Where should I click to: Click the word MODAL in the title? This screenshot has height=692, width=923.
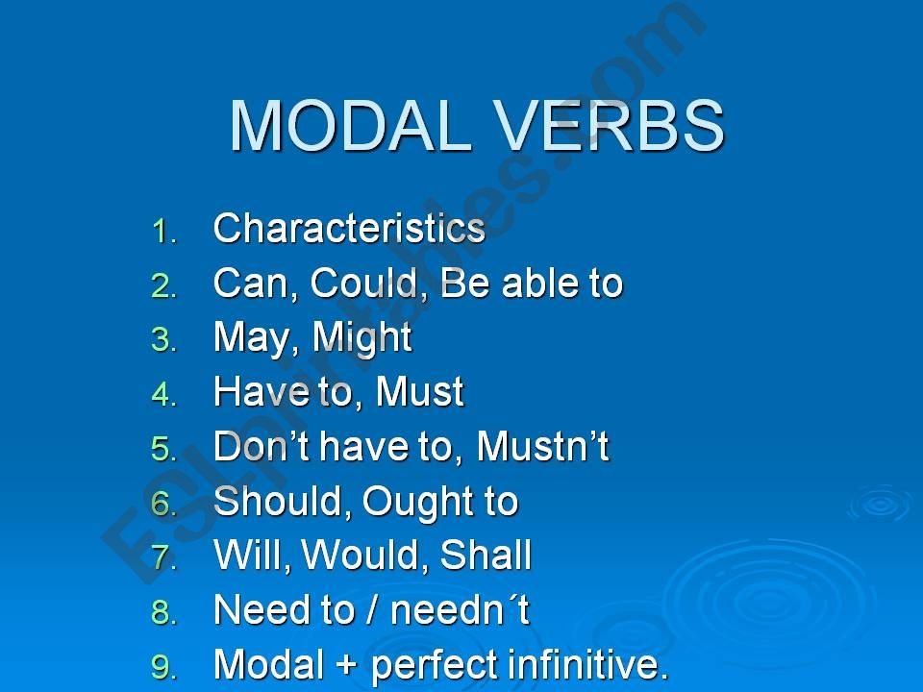(x=350, y=126)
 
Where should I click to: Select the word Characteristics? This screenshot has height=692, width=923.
(x=349, y=228)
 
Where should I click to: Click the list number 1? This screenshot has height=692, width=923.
(x=164, y=232)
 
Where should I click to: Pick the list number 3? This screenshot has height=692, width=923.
(x=164, y=340)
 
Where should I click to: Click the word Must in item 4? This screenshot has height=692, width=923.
(x=420, y=391)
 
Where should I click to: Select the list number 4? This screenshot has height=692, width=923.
(x=164, y=394)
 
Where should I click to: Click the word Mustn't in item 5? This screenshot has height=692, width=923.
(x=542, y=446)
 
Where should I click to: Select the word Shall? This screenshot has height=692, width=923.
(x=486, y=555)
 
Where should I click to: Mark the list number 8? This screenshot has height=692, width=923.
(x=164, y=612)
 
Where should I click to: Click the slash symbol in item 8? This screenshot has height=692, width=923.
(x=371, y=609)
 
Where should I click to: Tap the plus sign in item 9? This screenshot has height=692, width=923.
(x=347, y=665)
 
